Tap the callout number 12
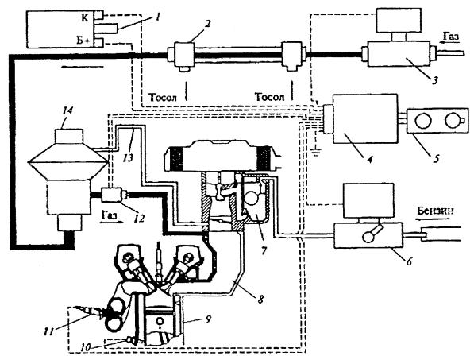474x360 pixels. pyautogui.click(x=140, y=218)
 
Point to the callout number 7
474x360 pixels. pyautogui.click(x=264, y=250)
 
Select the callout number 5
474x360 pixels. pyautogui.click(x=436, y=158)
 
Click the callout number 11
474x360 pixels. pyautogui.click(x=49, y=332)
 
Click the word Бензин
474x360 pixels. pyautogui.click(x=435, y=211)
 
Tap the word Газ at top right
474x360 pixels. pyautogui.click(x=451, y=37)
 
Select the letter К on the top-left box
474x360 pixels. pyautogui.click(x=85, y=17)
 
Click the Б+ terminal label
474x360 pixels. pyautogui.click(x=83, y=41)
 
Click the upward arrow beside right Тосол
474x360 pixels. pyautogui.click(x=291, y=91)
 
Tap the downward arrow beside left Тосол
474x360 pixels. pyautogui.click(x=187, y=91)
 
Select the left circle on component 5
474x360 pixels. pyautogui.click(x=422, y=121)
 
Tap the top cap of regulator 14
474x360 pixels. pyautogui.click(x=68, y=136)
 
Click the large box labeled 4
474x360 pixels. pyautogui.click(x=365, y=118)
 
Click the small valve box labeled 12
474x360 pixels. pyautogui.click(x=111, y=195)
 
